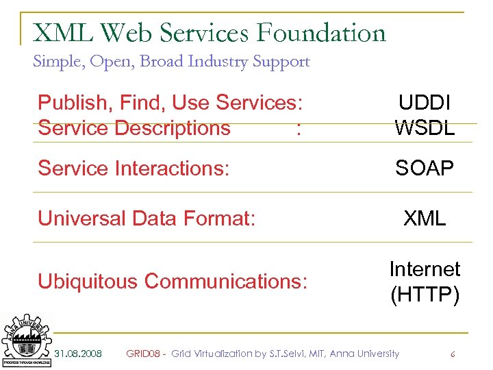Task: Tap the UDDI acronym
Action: [x=425, y=103]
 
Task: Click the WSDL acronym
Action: [x=425, y=127]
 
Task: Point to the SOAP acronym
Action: [x=425, y=169]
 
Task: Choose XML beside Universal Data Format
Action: [x=425, y=219]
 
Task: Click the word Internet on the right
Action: [x=425, y=269]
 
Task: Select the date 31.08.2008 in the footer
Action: [x=78, y=354]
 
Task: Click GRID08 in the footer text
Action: [x=143, y=354]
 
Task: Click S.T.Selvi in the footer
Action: [x=305, y=354]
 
